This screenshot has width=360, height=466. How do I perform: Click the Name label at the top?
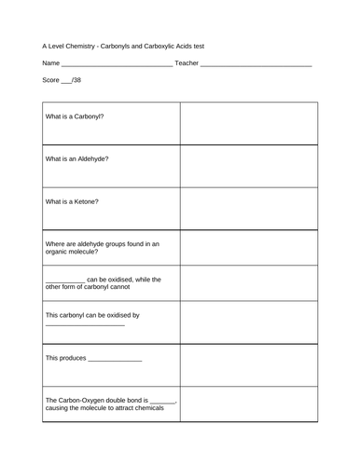click(50, 62)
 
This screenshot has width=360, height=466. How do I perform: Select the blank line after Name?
click(116, 64)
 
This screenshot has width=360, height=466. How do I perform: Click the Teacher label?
click(187, 62)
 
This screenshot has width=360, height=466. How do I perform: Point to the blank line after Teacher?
click(256, 64)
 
